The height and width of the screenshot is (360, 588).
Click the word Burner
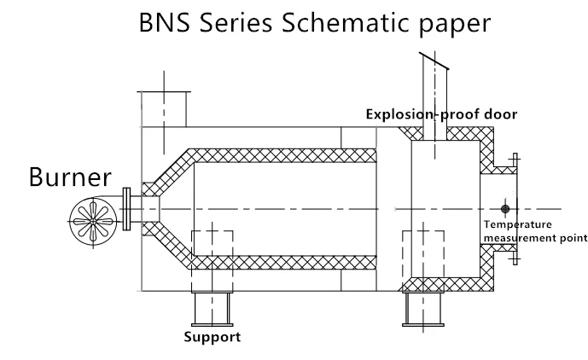tap(70, 177)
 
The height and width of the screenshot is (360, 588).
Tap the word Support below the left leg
tap(212, 337)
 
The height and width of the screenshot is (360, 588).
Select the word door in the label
tap(501, 113)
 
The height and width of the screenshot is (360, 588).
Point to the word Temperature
tap(517, 224)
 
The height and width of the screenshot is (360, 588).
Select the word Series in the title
tap(236, 22)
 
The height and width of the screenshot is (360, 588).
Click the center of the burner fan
tap(93, 222)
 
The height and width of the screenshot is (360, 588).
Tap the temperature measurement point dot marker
tap(505, 209)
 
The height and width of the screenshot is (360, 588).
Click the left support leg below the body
tap(212, 309)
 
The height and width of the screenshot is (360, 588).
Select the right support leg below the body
tap(423, 309)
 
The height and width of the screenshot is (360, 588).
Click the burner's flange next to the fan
tap(127, 209)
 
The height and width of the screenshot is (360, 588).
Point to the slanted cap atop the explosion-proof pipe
tap(434, 61)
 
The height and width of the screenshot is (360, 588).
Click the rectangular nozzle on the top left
tap(164, 108)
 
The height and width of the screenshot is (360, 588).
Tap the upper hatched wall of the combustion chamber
tap(282, 155)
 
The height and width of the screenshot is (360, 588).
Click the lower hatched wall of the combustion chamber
tap(282, 263)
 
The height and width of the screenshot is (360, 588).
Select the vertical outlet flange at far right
tap(515, 209)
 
